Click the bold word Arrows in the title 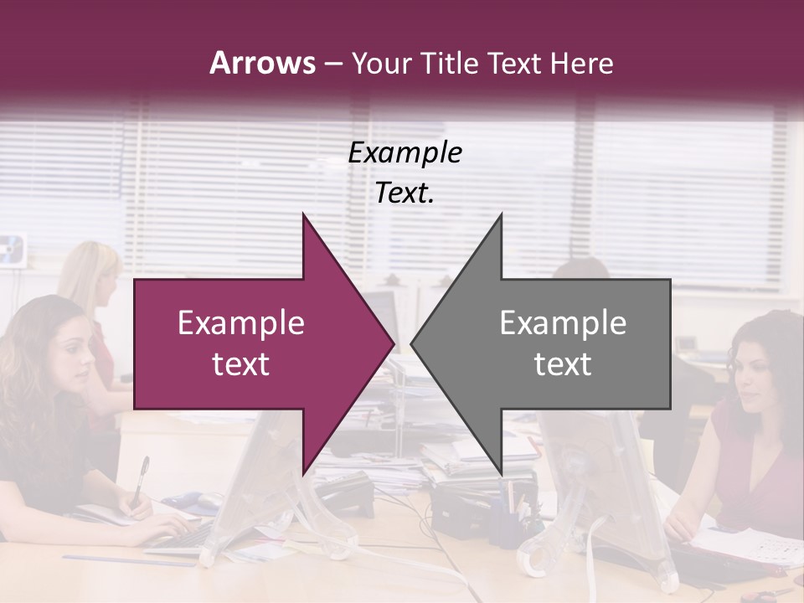pos(262,63)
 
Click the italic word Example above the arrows pos(405,153)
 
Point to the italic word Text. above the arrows pos(405,193)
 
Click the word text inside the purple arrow pos(240,364)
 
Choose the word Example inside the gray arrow pos(563,323)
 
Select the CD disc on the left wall pos(13,248)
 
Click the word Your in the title pos(379,63)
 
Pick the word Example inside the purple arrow pos(240,323)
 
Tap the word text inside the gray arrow pos(563,364)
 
